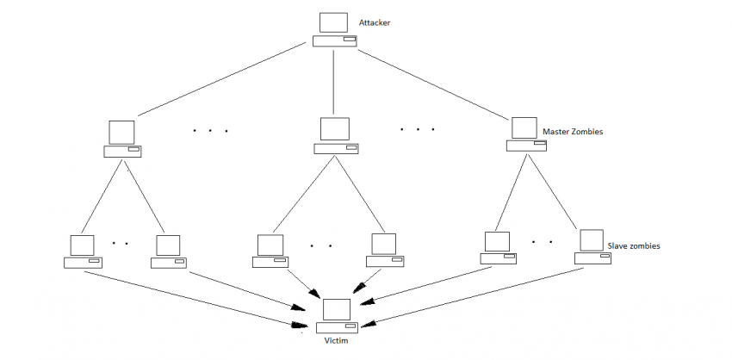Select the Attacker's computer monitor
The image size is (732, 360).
pos(334,23)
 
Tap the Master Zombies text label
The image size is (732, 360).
pos(573,133)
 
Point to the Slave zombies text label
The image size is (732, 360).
pos(634,245)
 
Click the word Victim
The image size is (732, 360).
pos(337,342)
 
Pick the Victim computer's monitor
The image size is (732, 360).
pos(337,308)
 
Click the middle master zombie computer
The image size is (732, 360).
pos(335,137)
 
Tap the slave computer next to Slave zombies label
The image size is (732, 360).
pos(592,246)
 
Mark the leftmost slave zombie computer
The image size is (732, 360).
pos(83,251)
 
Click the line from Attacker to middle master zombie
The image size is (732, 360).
pos(334,82)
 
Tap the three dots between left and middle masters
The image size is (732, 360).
pos(210,131)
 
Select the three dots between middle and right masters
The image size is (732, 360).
pos(417,129)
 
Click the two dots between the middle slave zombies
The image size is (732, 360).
pos(320,245)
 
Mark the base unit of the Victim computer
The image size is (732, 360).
pos(337,327)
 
